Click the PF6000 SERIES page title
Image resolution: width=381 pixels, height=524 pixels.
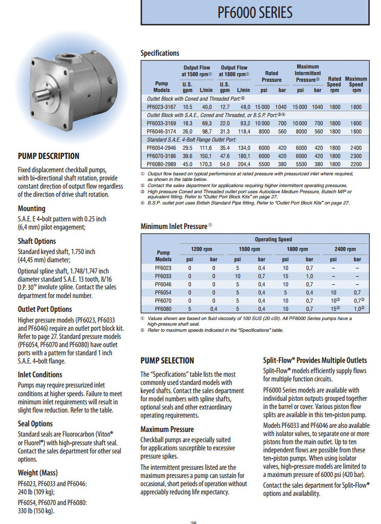(x=255, y=12)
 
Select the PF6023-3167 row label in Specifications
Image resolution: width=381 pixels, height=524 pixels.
(x=161, y=107)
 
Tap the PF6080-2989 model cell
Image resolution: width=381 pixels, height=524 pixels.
(x=161, y=164)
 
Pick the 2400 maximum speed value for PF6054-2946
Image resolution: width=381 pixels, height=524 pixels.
(x=356, y=148)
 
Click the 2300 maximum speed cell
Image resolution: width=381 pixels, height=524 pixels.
(x=356, y=156)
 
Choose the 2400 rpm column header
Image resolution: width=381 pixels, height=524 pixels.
(x=345, y=249)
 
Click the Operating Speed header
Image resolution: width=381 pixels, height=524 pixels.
(x=273, y=239)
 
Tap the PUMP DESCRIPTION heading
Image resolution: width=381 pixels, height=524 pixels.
(x=49, y=156)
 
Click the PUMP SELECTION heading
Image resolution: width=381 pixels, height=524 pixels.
(x=167, y=360)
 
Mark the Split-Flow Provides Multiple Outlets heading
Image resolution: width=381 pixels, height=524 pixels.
(x=315, y=360)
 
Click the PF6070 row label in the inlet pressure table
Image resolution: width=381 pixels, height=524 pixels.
(x=160, y=301)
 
